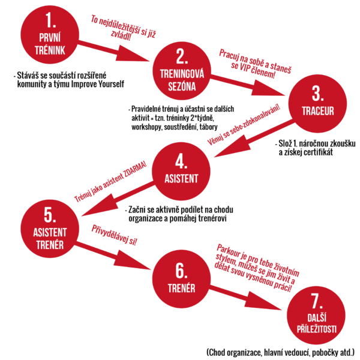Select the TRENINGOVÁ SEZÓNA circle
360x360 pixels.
pos(181,71)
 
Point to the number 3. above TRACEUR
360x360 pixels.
pos(317,94)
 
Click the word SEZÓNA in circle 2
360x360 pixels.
pos(181,85)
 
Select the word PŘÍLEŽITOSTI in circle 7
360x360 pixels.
pos(317,328)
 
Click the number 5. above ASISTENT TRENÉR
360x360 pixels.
pos(49,214)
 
